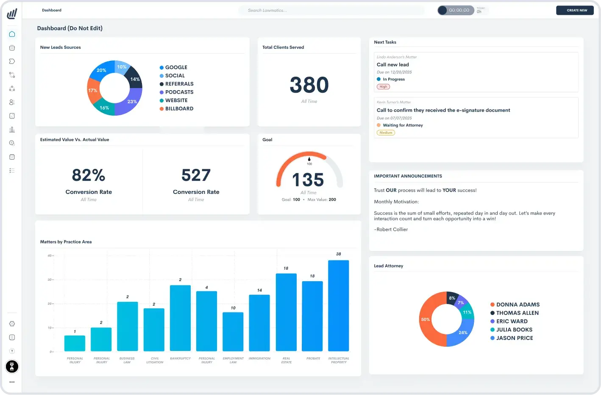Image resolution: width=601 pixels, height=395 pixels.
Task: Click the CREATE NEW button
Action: click(575, 10)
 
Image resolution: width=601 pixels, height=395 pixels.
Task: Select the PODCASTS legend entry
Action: click(179, 92)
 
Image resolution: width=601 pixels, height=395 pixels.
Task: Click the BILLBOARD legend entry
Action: click(179, 109)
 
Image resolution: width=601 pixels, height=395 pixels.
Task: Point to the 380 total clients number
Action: click(309, 85)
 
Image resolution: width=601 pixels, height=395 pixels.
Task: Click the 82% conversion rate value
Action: click(89, 175)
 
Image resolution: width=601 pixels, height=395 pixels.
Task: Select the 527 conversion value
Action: click(196, 175)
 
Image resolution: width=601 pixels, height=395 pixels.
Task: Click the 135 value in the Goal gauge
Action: click(308, 180)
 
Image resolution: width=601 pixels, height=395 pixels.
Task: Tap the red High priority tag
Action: click(383, 87)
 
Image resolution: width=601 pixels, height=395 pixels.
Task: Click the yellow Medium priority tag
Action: click(386, 133)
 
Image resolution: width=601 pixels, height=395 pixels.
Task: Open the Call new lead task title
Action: click(393, 65)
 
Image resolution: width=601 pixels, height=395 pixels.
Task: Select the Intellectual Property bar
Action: click(338, 305)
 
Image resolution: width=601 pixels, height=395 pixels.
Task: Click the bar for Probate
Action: click(312, 316)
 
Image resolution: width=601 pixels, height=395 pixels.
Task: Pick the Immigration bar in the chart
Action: click(259, 323)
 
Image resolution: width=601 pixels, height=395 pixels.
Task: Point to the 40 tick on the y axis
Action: click(50, 256)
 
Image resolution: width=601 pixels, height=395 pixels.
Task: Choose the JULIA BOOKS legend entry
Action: click(514, 330)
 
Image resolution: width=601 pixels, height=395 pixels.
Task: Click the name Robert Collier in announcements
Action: click(392, 229)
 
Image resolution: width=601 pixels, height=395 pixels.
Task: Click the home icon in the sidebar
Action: click(12, 34)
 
